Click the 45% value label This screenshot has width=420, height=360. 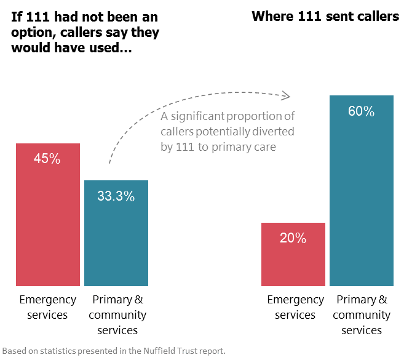(x=47, y=159)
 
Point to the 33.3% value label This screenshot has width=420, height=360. (x=116, y=196)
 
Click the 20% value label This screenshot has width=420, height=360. (x=293, y=238)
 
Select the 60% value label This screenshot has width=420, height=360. (x=361, y=111)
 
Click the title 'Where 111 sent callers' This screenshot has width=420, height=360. (x=325, y=17)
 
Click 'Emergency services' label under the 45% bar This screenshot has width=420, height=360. (x=47, y=307)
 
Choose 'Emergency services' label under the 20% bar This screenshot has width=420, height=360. (x=295, y=307)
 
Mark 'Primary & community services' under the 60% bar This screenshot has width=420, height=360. (x=362, y=315)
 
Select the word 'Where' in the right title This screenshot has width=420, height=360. (x=272, y=17)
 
